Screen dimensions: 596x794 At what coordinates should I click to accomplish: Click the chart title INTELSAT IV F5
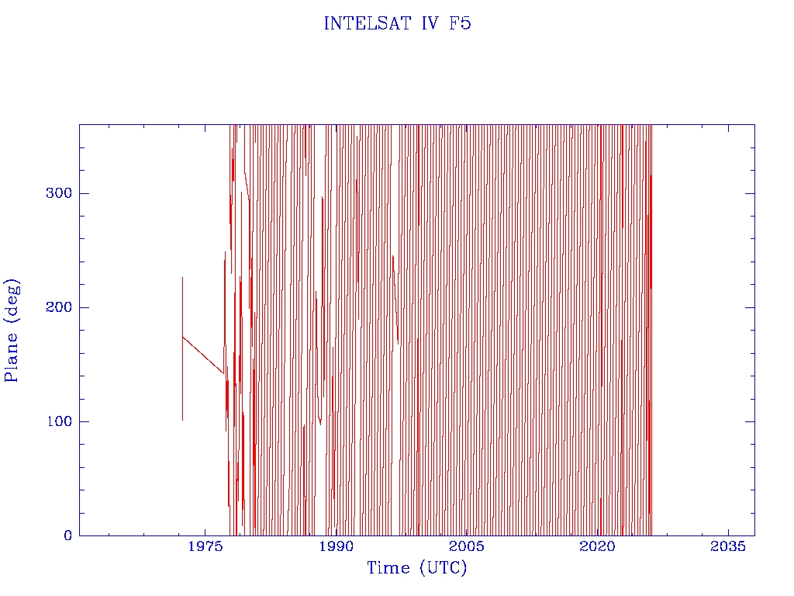(x=397, y=23)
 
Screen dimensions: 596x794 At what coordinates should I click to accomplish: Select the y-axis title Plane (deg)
(x=12, y=330)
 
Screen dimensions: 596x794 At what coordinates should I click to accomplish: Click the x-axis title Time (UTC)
(x=417, y=568)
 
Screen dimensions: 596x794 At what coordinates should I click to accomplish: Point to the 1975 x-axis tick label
(x=205, y=546)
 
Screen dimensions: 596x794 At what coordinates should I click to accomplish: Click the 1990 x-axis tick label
(x=337, y=546)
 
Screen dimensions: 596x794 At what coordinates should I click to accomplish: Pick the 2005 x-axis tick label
(x=468, y=546)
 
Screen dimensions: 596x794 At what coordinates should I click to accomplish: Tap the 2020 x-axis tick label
(x=599, y=546)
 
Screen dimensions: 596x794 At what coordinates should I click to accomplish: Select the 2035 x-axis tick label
(x=729, y=546)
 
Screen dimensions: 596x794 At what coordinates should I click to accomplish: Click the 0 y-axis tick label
(x=67, y=535)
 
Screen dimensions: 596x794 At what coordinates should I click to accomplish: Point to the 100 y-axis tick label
(x=59, y=421)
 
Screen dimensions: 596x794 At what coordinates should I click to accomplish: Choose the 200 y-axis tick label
(x=59, y=307)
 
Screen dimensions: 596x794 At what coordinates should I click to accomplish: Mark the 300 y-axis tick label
(x=59, y=193)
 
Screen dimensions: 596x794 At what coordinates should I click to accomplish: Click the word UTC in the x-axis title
(x=443, y=568)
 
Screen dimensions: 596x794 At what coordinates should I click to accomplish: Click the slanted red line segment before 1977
(x=203, y=355)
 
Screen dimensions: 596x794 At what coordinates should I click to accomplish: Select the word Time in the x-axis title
(x=388, y=568)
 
